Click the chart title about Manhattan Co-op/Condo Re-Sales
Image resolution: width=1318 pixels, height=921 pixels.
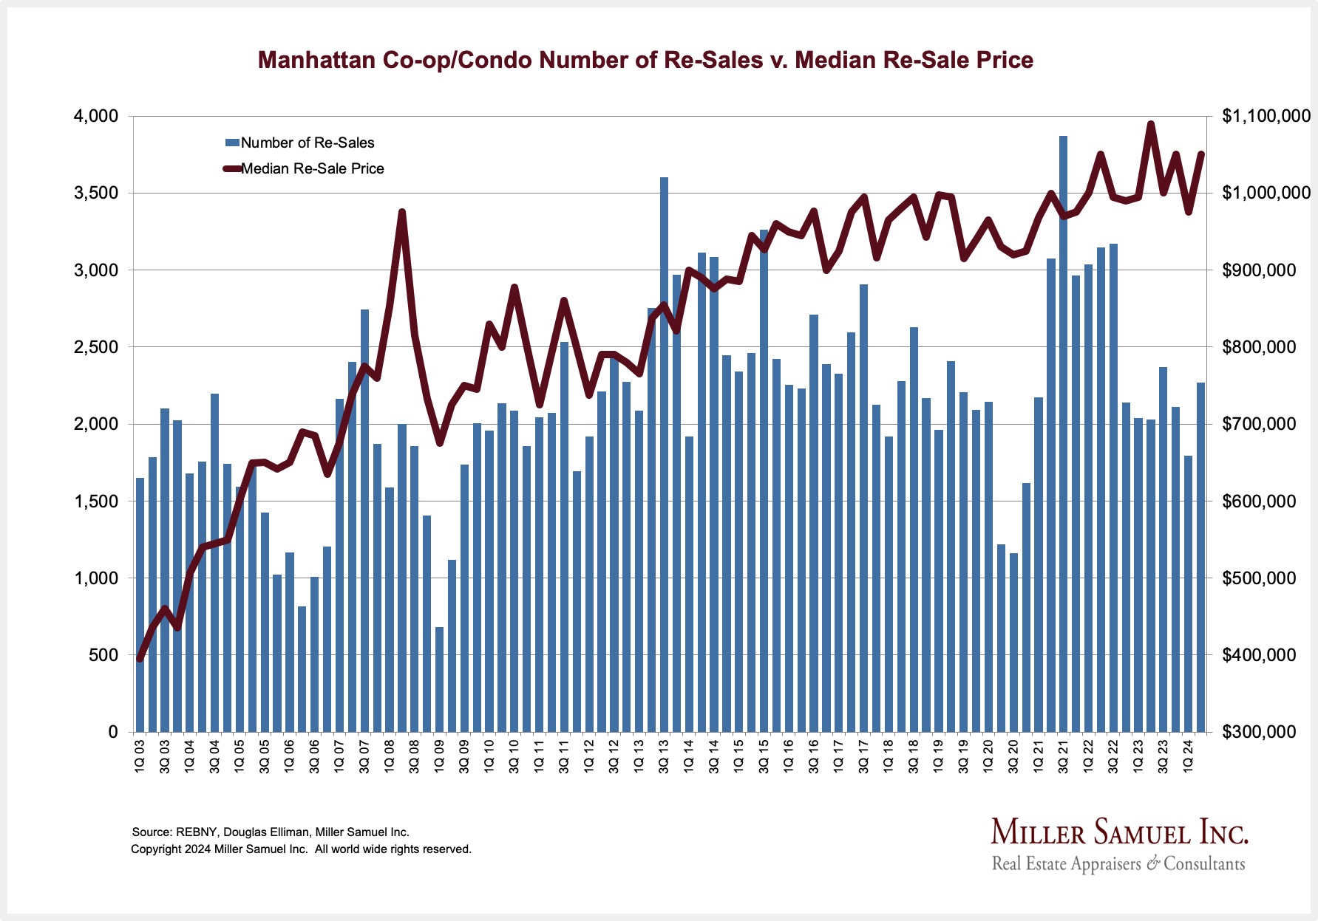645,60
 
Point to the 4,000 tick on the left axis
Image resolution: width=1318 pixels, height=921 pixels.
95,116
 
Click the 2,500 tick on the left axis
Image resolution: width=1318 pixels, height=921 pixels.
95,347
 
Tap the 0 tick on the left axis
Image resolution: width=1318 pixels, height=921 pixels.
113,732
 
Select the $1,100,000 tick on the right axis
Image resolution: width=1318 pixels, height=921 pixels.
1266,116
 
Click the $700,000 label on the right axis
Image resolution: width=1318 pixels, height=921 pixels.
1259,424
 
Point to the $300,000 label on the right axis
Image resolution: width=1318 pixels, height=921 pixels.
1259,732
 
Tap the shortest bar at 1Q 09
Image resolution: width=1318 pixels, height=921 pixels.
439,679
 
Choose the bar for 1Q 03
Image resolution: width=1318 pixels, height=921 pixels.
140,605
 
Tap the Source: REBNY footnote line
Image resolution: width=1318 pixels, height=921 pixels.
271,832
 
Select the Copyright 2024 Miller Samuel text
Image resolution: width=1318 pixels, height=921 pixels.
301,849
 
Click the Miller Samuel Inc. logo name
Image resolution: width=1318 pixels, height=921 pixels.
1119,832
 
